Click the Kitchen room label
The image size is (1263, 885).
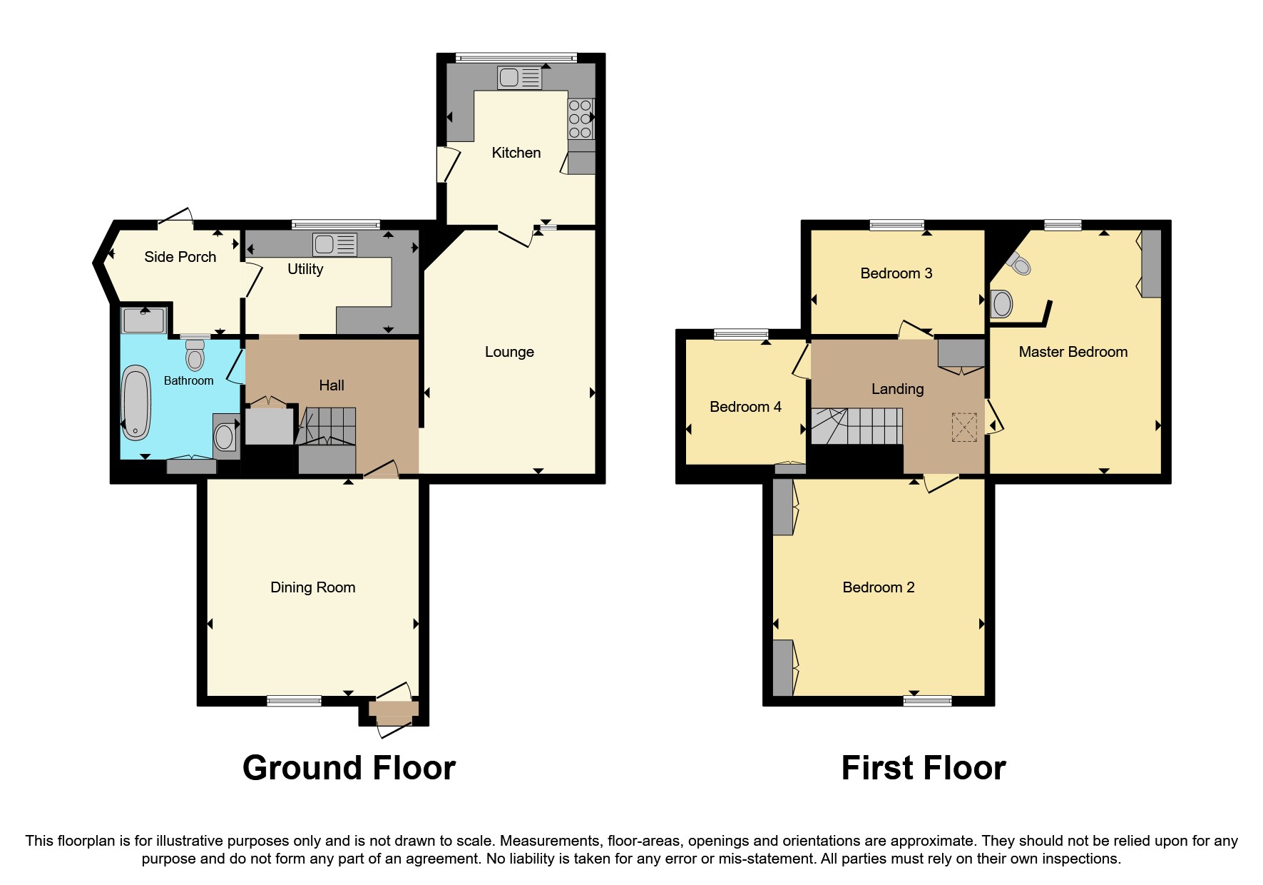pyautogui.click(x=516, y=153)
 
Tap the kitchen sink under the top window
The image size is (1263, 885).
pyautogui.click(x=519, y=78)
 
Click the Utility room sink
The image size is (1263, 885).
pyautogui.click(x=334, y=246)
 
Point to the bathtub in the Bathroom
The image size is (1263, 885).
pyautogui.click(x=136, y=403)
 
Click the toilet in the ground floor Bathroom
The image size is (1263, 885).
pyautogui.click(x=195, y=355)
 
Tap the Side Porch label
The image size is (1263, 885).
pyautogui.click(x=180, y=257)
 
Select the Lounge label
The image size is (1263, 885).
pyautogui.click(x=509, y=352)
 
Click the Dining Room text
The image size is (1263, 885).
pyautogui.click(x=312, y=587)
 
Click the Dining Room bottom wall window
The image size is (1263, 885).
pyautogui.click(x=294, y=701)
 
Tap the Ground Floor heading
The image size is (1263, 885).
pyautogui.click(x=349, y=769)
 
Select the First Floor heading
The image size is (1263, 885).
pyautogui.click(x=923, y=769)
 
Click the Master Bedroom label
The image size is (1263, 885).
pyautogui.click(x=1073, y=352)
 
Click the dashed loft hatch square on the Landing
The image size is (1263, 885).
pyautogui.click(x=964, y=427)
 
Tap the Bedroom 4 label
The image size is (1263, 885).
pyautogui.click(x=745, y=407)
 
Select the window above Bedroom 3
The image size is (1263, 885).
pyautogui.click(x=896, y=225)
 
